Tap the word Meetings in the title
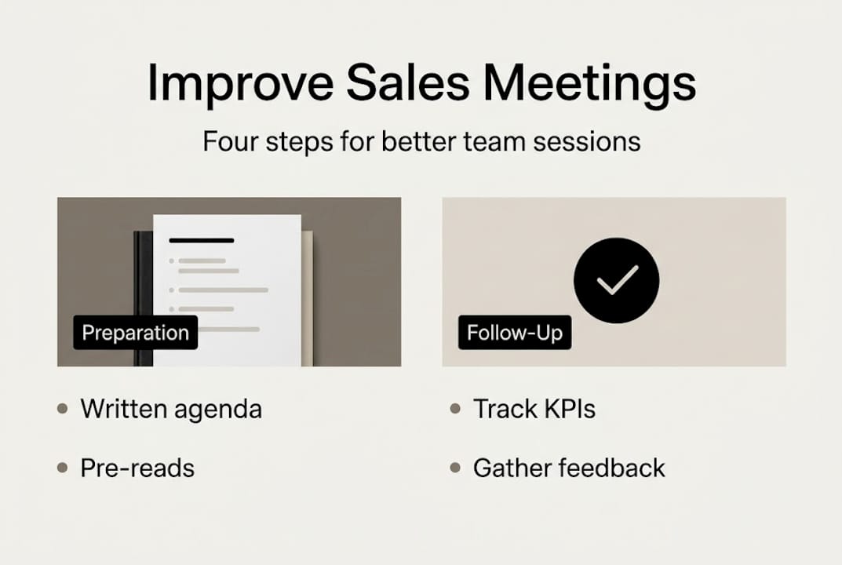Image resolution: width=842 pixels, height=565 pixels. (x=589, y=82)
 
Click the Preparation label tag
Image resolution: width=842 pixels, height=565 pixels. (x=135, y=333)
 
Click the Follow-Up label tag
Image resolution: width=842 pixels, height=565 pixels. (x=515, y=333)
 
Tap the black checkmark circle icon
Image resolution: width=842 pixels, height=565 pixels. (x=616, y=281)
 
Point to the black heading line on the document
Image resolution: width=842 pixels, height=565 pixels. (x=202, y=240)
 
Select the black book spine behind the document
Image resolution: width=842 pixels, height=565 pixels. (x=142, y=298)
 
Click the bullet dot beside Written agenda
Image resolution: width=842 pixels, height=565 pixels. (x=63, y=409)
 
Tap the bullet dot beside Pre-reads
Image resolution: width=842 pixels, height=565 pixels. (x=63, y=468)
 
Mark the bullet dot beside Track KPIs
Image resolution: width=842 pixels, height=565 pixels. (x=454, y=409)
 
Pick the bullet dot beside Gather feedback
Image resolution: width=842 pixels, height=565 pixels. (x=454, y=468)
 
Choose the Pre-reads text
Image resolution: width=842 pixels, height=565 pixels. (x=137, y=468)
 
